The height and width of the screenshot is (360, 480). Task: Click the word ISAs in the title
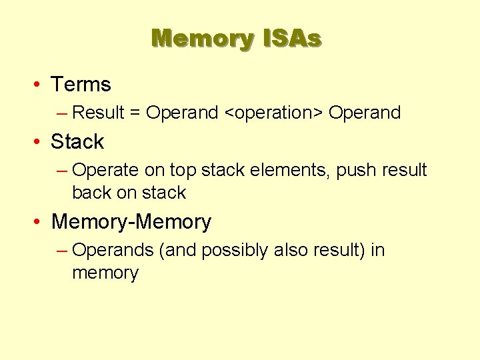pyautogui.click(x=292, y=39)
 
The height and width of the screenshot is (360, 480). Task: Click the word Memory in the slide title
pyautogui.click(x=202, y=39)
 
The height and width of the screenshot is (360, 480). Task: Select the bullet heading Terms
pyautogui.click(x=81, y=85)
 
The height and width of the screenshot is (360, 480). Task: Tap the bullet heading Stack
pyautogui.click(x=77, y=142)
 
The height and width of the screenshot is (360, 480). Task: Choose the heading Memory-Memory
pyautogui.click(x=131, y=222)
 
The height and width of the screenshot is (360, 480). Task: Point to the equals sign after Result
pyautogui.click(x=135, y=113)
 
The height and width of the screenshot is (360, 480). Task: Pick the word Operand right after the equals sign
pyautogui.click(x=181, y=113)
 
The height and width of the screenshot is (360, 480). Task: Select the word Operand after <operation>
pyautogui.click(x=365, y=113)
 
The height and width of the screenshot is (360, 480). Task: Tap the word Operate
pyautogui.click(x=106, y=171)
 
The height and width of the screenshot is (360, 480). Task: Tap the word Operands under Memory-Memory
pyautogui.click(x=112, y=251)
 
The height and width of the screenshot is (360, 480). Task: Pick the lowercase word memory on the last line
pyautogui.click(x=105, y=273)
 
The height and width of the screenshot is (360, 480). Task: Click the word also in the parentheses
pyautogui.click(x=291, y=251)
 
